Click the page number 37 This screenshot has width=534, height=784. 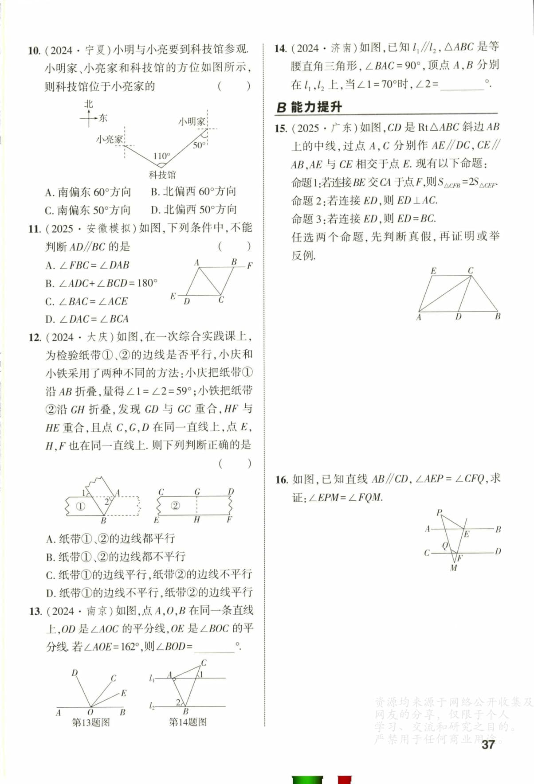[488, 745]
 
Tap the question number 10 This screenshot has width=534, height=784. [34, 50]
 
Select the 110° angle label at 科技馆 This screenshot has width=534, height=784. [161, 156]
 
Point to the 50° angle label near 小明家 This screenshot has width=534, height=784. [199, 145]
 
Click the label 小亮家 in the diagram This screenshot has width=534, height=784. [109, 139]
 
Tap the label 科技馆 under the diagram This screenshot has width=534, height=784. [162, 175]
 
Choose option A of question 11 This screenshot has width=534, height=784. [87, 265]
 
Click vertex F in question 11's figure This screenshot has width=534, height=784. [250, 266]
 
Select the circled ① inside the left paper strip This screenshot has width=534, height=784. [80, 506]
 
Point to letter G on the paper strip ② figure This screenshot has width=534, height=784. [197, 491]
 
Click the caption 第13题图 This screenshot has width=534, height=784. [91, 722]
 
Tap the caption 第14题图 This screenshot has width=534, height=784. [188, 722]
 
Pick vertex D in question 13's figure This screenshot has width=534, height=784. [75, 673]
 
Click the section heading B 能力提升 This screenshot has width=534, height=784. [309, 107]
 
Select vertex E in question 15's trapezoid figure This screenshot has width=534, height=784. [433, 270]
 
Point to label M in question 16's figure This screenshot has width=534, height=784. [453, 568]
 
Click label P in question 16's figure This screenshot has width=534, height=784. [439, 512]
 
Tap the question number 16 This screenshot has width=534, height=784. [281, 480]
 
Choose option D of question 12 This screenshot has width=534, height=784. [149, 593]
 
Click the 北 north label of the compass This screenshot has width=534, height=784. [89, 104]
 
